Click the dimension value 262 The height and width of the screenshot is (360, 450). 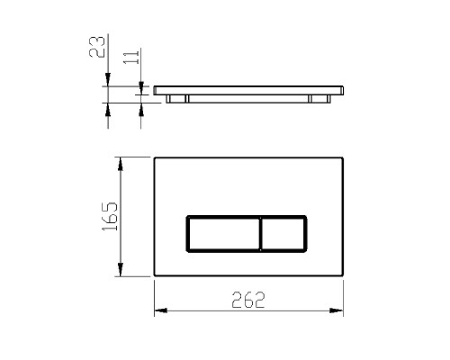pos(248,300)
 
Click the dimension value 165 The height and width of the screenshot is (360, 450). pos(110,216)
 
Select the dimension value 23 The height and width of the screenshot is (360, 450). pos(97,47)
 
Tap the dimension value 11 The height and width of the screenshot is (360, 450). pos(131,57)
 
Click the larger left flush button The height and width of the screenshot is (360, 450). pos(223,234)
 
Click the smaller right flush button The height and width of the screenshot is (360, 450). pos(283,234)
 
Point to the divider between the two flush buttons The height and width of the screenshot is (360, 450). pos(261,234)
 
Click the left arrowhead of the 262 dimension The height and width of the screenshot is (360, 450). pos(161,310)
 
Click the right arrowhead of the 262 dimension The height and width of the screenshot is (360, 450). pos(337,310)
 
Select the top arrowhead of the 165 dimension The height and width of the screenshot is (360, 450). pos(121,164)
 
